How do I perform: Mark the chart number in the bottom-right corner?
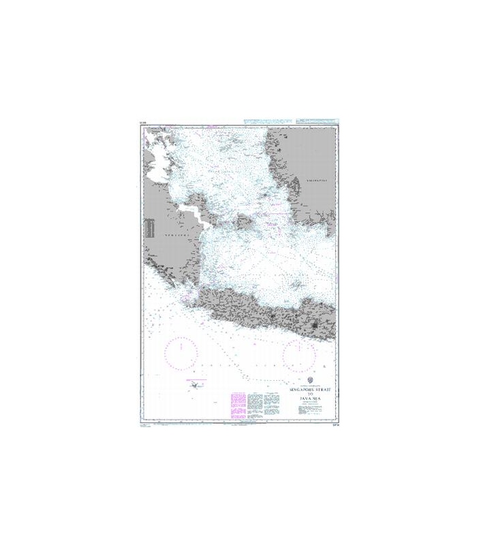point(333,424)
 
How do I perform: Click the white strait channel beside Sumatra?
point(200,217)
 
